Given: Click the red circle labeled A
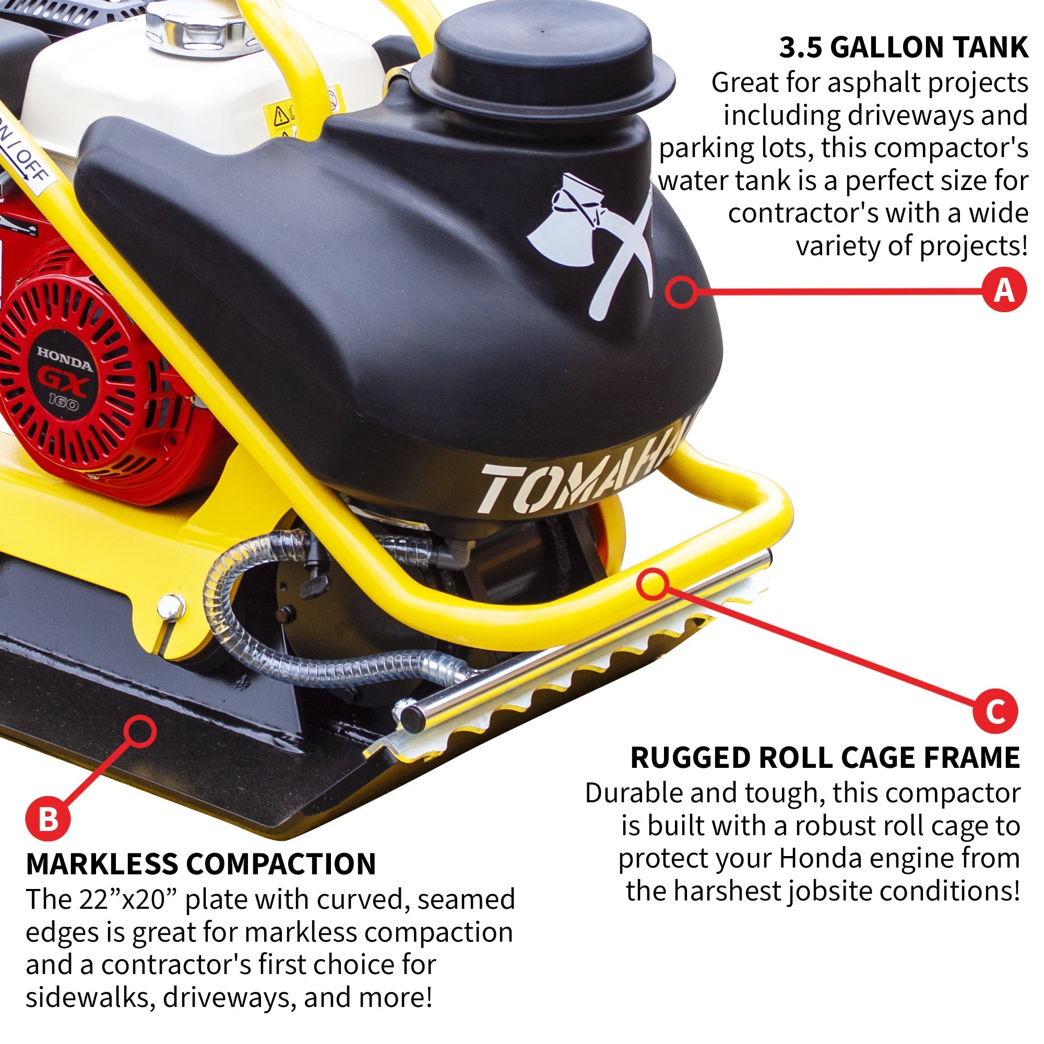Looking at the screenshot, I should click(x=1004, y=291).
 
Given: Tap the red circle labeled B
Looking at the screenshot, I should click(x=48, y=819).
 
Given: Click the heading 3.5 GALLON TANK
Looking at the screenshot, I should click(x=903, y=48).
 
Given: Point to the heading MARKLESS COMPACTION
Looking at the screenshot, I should click(x=200, y=864).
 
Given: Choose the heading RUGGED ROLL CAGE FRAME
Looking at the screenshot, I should click(x=825, y=757).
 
